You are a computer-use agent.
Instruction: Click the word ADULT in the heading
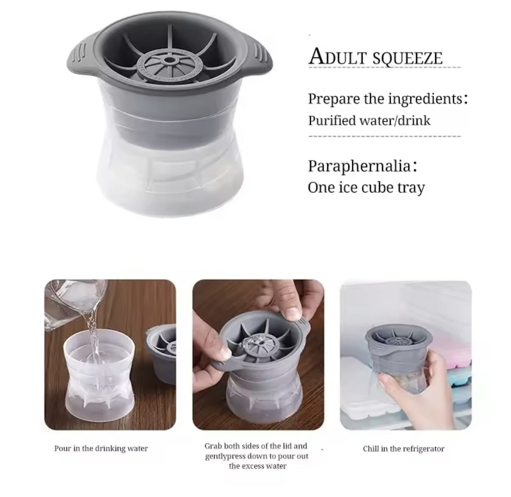(x=338, y=57)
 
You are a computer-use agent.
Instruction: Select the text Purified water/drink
(x=369, y=120)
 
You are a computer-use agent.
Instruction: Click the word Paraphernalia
(x=359, y=166)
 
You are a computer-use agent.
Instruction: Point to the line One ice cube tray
(x=366, y=187)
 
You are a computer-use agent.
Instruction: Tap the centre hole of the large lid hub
(x=169, y=61)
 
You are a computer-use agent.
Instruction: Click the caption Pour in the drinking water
(x=101, y=449)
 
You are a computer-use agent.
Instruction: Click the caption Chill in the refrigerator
(x=403, y=449)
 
